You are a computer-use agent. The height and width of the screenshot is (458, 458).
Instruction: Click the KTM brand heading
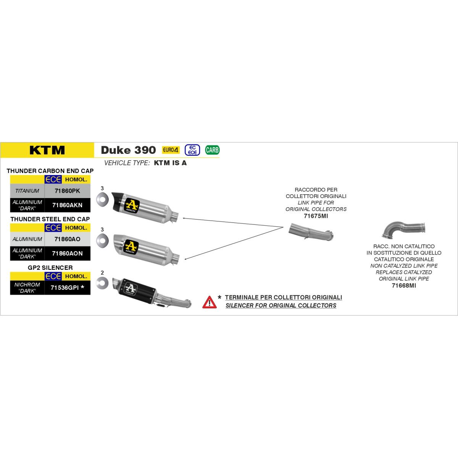(x=47, y=150)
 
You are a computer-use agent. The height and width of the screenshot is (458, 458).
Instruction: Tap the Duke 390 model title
(x=128, y=150)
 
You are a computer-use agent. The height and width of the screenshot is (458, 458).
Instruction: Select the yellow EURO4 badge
(x=171, y=150)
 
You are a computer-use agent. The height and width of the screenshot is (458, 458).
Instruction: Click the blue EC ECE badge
(x=192, y=150)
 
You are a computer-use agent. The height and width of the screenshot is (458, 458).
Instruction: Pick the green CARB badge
(x=212, y=150)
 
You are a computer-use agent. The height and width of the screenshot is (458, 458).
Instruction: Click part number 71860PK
(x=67, y=191)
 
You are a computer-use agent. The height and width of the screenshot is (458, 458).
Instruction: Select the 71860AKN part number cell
(x=67, y=205)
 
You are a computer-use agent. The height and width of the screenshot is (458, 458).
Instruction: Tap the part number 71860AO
(x=67, y=239)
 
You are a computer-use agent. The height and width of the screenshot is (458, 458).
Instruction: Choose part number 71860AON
(x=67, y=253)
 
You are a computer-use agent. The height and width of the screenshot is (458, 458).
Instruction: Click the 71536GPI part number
(x=65, y=288)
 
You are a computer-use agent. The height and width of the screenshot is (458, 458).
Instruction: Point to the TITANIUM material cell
(x=27, y=191)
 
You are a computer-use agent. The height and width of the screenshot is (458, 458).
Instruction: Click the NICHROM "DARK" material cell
(x=27, y=288)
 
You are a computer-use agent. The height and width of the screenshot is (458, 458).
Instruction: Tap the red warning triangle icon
(x=210, y=302)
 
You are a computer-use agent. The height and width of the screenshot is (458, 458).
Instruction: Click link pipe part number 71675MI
(x=316, y=216)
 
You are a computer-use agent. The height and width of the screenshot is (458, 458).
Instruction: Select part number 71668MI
(x=404, y=285)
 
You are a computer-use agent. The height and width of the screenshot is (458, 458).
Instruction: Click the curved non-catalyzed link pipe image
(x=403, y=229)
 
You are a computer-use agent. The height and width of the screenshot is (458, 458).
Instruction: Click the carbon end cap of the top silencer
(x=118, y=201)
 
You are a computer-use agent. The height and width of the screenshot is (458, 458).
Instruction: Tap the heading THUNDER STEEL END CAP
(x=50, y=219)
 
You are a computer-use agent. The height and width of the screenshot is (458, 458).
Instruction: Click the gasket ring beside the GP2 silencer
(x=102, y=283)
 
